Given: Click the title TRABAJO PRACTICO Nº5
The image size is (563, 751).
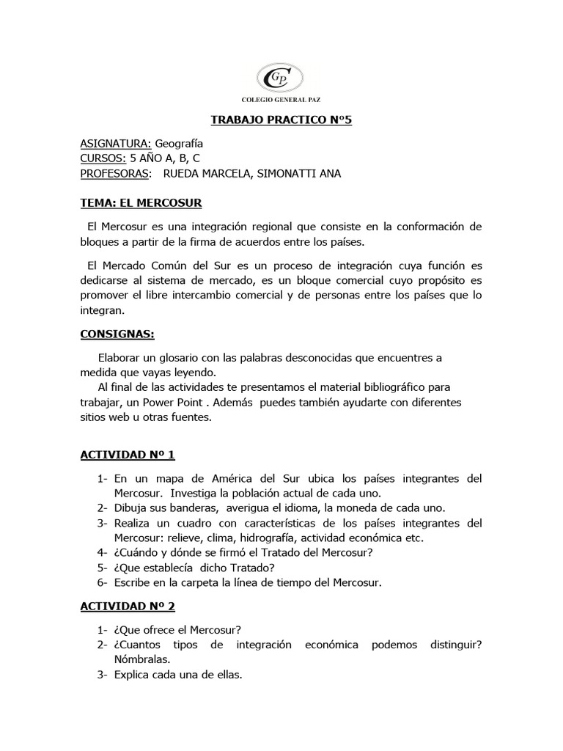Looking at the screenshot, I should [x=281, y=120].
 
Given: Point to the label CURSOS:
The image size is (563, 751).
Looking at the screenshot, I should [x=103, y=158].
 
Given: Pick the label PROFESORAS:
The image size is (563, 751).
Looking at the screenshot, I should [x=117, y=173].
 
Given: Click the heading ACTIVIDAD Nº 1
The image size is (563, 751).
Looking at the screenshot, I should [x=128, y=455].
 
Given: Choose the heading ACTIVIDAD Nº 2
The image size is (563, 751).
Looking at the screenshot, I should [x=128, y=607].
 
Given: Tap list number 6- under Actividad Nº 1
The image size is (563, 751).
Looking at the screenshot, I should [x=103, y=582].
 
